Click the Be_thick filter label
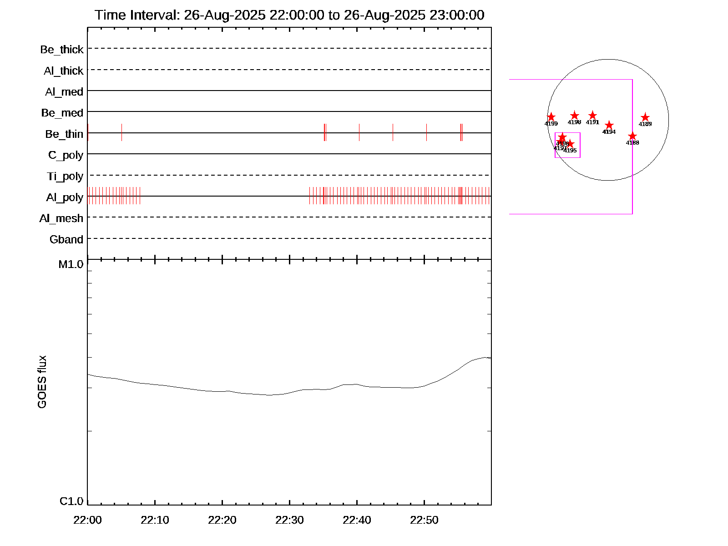point(62,50)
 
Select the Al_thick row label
point(64,71)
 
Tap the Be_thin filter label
point(64,134)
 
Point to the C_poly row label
point(66,156)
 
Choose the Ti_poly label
point(65,177)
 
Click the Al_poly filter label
point(65,197)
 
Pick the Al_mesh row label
point(61,219)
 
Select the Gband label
point(66,240)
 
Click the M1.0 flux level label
point(71,264)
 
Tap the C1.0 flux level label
point(71,501)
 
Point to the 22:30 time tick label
point(289,520)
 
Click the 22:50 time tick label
point(424,520)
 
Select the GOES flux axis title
point(42,382)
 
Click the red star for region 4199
point(551,117)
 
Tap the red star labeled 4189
point(645,117)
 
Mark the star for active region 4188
point(632,136)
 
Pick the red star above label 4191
point(592,116)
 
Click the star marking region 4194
point(609,125)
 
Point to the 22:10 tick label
point(155,520)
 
